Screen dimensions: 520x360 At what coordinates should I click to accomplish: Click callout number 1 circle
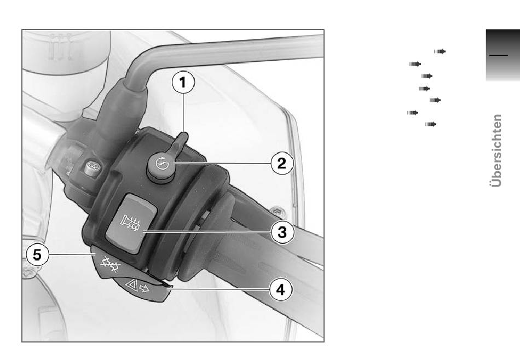click(183, 82)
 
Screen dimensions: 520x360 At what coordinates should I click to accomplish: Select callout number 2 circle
click(282, 163)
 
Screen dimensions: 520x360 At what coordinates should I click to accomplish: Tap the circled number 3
click(282, 232)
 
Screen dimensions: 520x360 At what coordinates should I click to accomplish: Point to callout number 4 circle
click(281, 290)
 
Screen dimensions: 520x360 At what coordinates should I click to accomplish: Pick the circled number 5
click(37, 255)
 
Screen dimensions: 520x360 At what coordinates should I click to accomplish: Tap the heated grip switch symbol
click(131, 223)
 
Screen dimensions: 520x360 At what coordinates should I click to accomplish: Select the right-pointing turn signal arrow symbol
click(145, 289)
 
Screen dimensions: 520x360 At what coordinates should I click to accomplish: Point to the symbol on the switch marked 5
click(111, 264)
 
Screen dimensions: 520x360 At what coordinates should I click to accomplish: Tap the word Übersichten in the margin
click(496, 151)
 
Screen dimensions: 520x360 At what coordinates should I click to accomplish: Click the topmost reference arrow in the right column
click(440, 51)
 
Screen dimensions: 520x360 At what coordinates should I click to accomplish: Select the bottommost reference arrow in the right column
click(430, 124)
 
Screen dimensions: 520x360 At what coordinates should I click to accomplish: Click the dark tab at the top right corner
click(502, 55)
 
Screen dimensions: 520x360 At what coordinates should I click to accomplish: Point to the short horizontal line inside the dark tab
click(499, 55)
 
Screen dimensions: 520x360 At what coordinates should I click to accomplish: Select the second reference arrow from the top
click(415, 64)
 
